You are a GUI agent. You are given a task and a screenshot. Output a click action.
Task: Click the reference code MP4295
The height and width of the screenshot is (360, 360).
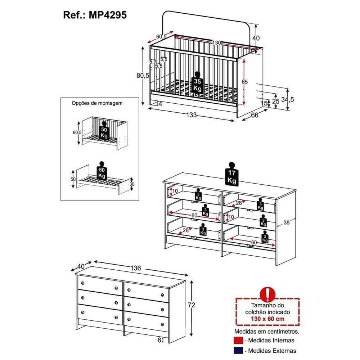[x=108, y=15]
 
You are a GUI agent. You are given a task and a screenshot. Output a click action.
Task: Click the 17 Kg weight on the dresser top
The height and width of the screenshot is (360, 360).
[x=231, y=174]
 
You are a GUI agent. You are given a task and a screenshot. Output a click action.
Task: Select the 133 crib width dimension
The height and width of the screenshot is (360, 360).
[x=192, y=114]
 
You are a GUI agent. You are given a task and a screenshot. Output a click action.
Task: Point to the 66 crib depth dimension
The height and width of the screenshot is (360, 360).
[x=255, y=115]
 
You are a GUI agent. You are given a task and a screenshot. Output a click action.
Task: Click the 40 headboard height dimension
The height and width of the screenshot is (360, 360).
[x=256, y=38]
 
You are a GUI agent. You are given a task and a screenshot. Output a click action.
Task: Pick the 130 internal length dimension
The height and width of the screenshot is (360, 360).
[x=216, y=43]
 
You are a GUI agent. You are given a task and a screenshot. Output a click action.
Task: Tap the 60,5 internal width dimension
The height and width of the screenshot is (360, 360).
[x=161, y=36]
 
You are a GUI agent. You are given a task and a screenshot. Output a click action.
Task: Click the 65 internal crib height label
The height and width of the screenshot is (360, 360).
[x=245, y=82]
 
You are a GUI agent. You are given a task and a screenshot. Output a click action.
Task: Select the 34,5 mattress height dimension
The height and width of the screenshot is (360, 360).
[x=287, y=100]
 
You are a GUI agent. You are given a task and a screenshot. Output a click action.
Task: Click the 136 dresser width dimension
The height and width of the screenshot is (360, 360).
[x=135, y=268]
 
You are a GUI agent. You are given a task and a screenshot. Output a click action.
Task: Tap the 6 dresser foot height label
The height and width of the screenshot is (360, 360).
[x=159, y=340]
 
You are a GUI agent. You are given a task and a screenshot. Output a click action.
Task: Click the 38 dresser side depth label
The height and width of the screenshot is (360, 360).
[x=287, y=222]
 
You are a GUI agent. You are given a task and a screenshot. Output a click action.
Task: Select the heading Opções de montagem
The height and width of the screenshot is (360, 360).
[x=97, y=103]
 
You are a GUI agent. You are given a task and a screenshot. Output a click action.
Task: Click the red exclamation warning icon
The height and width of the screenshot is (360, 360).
[x=267, y=294]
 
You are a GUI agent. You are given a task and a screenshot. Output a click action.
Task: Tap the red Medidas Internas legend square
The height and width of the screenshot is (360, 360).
[x=238, y=341]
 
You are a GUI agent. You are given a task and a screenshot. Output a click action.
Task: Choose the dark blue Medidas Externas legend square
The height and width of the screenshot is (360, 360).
[x=238, y=351]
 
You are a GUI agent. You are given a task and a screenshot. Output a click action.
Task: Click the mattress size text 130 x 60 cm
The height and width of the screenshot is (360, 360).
[x=268, y=319]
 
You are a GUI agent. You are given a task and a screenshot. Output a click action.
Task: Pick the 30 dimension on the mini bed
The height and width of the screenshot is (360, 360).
[x=132, y=184]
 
